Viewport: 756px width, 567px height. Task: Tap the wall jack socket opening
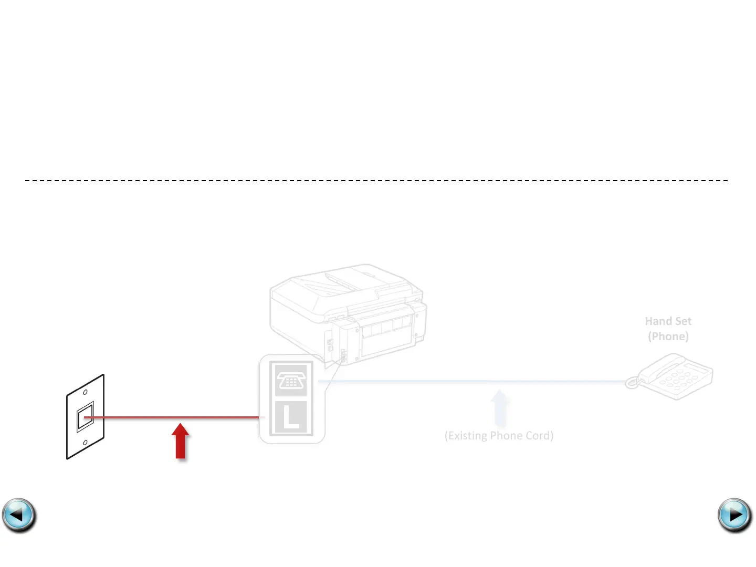pyautogui.click(x=85, y=418)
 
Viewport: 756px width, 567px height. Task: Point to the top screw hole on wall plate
pyautogui.click(x=85, y=392)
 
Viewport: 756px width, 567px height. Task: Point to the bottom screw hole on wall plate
pyautogui.click(x=85, y=443)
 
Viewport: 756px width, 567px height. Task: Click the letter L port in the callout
pyautogui.click(x=291, y=417)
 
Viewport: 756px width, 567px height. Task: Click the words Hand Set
pyautogui.click(x=668, y=321)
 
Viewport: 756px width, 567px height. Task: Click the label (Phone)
pyautogui.click(x=668, y=337)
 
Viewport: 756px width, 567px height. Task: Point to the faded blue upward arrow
pyautogui.click(x=499, y=407)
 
